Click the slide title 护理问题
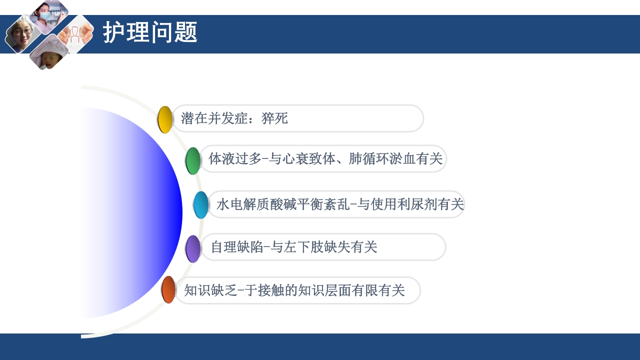[x=150, y=33]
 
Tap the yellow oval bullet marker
[x=165, y=119]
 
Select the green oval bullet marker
[x=193, y=160]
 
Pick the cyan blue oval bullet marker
[x=201, y=205]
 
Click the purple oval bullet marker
[x=193, y=248]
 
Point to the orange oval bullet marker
[x=168, y=290]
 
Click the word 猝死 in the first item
[x=274, y=119]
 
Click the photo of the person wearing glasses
[x=21, y=34]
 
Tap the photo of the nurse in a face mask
[x=48, y=15]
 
